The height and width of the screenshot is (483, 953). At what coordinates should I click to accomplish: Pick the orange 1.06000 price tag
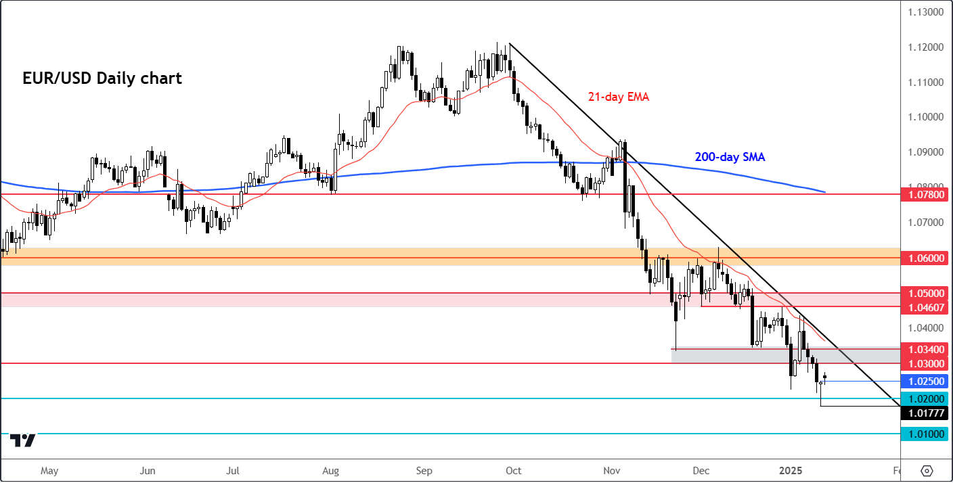click(x=926, y=258)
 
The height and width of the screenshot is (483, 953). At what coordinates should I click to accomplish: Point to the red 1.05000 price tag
click(x=926, y=293)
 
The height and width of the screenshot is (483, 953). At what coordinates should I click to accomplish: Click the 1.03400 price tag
click(x=926, y=349)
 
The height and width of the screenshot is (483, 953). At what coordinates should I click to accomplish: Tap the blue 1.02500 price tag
click(x=926, y=381)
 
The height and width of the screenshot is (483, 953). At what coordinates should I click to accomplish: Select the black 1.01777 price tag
click(x=926, y=413)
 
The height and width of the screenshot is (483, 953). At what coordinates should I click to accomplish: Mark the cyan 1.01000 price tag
click(x=926, y=434)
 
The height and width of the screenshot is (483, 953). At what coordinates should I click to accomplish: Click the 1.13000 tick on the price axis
click(x=925, y=11)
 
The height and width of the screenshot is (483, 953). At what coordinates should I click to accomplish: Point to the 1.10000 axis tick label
click(x=925, y=117)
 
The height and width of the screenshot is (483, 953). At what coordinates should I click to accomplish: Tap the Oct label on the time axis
click(x=513, y=469)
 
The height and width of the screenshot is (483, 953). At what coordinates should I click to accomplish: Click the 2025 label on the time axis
click(x=790, y=469)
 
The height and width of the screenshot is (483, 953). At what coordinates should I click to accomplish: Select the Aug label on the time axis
click(x=330, y=469)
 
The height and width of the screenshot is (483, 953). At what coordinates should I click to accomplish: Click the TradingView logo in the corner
click(x=24, y=440)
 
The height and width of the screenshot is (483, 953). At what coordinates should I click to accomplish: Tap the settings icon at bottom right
click(x=927, y=470)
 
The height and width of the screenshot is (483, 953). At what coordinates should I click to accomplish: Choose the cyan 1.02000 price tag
click(x=926, y=399)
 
